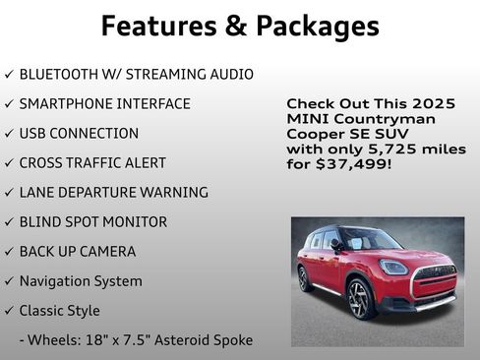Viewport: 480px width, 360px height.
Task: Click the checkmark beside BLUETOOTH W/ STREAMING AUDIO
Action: point(9,75)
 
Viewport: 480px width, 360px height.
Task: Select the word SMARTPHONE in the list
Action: point(64,103)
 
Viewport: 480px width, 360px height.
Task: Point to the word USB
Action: point(33,133)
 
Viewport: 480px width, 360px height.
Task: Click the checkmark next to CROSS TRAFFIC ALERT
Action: point(9,163)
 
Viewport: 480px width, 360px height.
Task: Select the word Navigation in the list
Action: point(52,280)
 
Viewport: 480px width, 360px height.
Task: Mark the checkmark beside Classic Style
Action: point(9,311)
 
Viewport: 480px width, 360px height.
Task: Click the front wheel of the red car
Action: point(358,299)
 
